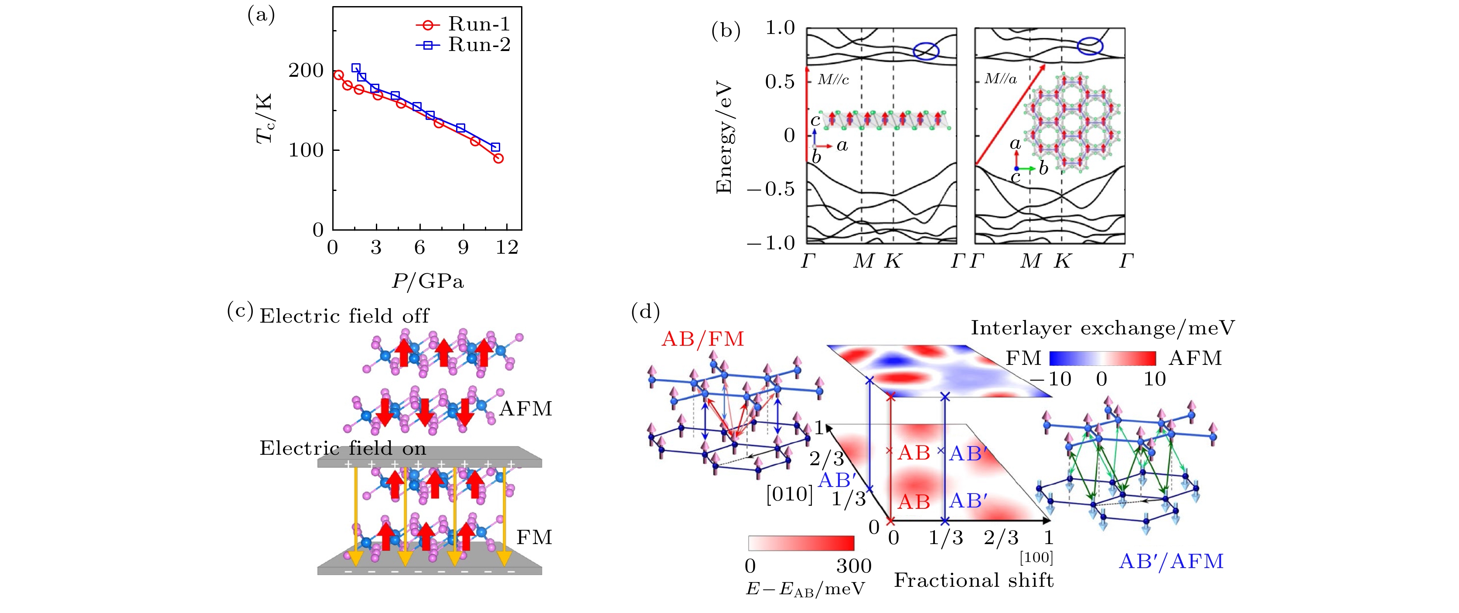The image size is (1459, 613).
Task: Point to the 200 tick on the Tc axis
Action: point(306,71)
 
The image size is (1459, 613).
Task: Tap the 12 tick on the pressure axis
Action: point(507,248)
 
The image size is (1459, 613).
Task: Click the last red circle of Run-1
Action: point(498,158)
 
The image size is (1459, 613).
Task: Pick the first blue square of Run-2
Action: point(356,68)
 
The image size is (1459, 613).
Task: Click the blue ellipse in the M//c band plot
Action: point(926,51)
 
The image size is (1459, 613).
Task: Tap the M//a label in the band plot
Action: point(1000,79)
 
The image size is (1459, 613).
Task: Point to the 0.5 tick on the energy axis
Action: point(779,82)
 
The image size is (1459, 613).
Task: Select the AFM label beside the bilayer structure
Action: point(525,409)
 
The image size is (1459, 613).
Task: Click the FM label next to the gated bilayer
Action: point(534,537)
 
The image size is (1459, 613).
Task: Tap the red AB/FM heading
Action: point(702,339)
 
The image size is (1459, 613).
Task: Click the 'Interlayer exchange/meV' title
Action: point(1102,328)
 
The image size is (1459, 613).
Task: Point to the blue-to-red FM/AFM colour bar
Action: point(1102,358)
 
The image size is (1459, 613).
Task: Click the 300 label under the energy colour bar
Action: point(853,566)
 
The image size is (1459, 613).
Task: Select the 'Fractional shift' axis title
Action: point(974,581)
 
